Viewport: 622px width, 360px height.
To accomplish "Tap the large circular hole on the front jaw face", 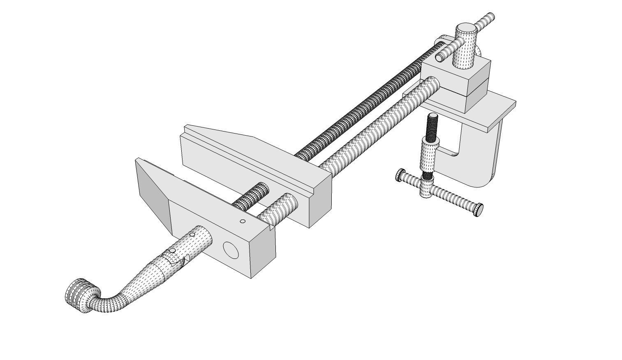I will point(231,250).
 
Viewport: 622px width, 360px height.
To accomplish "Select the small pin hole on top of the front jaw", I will point(243,222).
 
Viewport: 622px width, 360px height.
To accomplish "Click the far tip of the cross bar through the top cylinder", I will point(489,17).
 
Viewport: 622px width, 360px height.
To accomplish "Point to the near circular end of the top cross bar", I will point(440,58).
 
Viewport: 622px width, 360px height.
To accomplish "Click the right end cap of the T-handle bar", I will point(479,210).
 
